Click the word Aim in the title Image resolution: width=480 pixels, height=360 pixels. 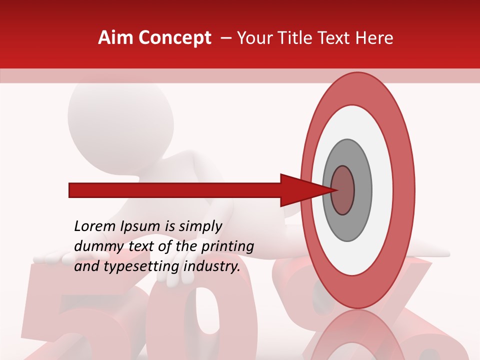click(x=116, y=38)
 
